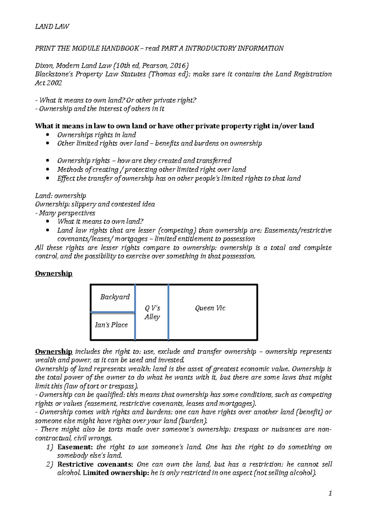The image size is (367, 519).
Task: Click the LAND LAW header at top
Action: point(52,27)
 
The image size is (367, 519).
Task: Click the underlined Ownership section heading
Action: point(54,273)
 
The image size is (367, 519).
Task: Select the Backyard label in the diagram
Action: point(115,297)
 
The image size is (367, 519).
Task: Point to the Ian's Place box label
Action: point(111,325)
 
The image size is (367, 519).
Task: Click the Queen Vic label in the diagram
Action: point(210,308)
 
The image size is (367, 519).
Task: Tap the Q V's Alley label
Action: point(152,312)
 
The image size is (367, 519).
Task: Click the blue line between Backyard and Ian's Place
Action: point(113,312)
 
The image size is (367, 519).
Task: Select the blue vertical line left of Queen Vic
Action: point(169,312)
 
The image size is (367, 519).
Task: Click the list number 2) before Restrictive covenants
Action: point(50,465)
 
